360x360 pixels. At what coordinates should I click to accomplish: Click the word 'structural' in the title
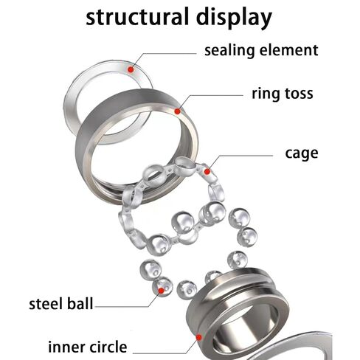pos(137,16)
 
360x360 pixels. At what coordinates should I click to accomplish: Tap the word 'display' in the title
pos(234,18)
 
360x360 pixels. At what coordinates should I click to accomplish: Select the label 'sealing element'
pos(261,50)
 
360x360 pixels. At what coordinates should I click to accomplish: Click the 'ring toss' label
pos(283,94)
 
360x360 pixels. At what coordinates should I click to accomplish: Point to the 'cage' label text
pos(302,154)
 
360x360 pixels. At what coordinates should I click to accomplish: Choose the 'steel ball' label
pos(61,303)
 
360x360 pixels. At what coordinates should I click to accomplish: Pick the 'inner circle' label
pos(87,347)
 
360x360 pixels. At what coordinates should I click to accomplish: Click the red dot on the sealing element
pos(131,69)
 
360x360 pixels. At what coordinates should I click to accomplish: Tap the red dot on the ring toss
pos(177,111)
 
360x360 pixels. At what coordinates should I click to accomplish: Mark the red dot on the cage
pos(207,171)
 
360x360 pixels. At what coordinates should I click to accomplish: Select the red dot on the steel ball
pos(161,291)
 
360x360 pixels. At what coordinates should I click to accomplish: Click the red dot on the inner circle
pos(199,338)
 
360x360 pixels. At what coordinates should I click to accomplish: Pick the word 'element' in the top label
pos(289,50)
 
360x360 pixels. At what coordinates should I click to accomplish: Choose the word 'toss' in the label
pos(299,94)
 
